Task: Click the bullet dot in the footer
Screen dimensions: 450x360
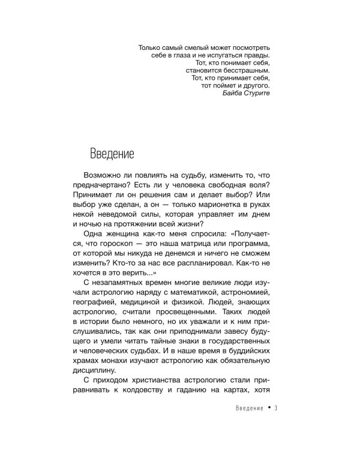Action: point(270,407)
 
